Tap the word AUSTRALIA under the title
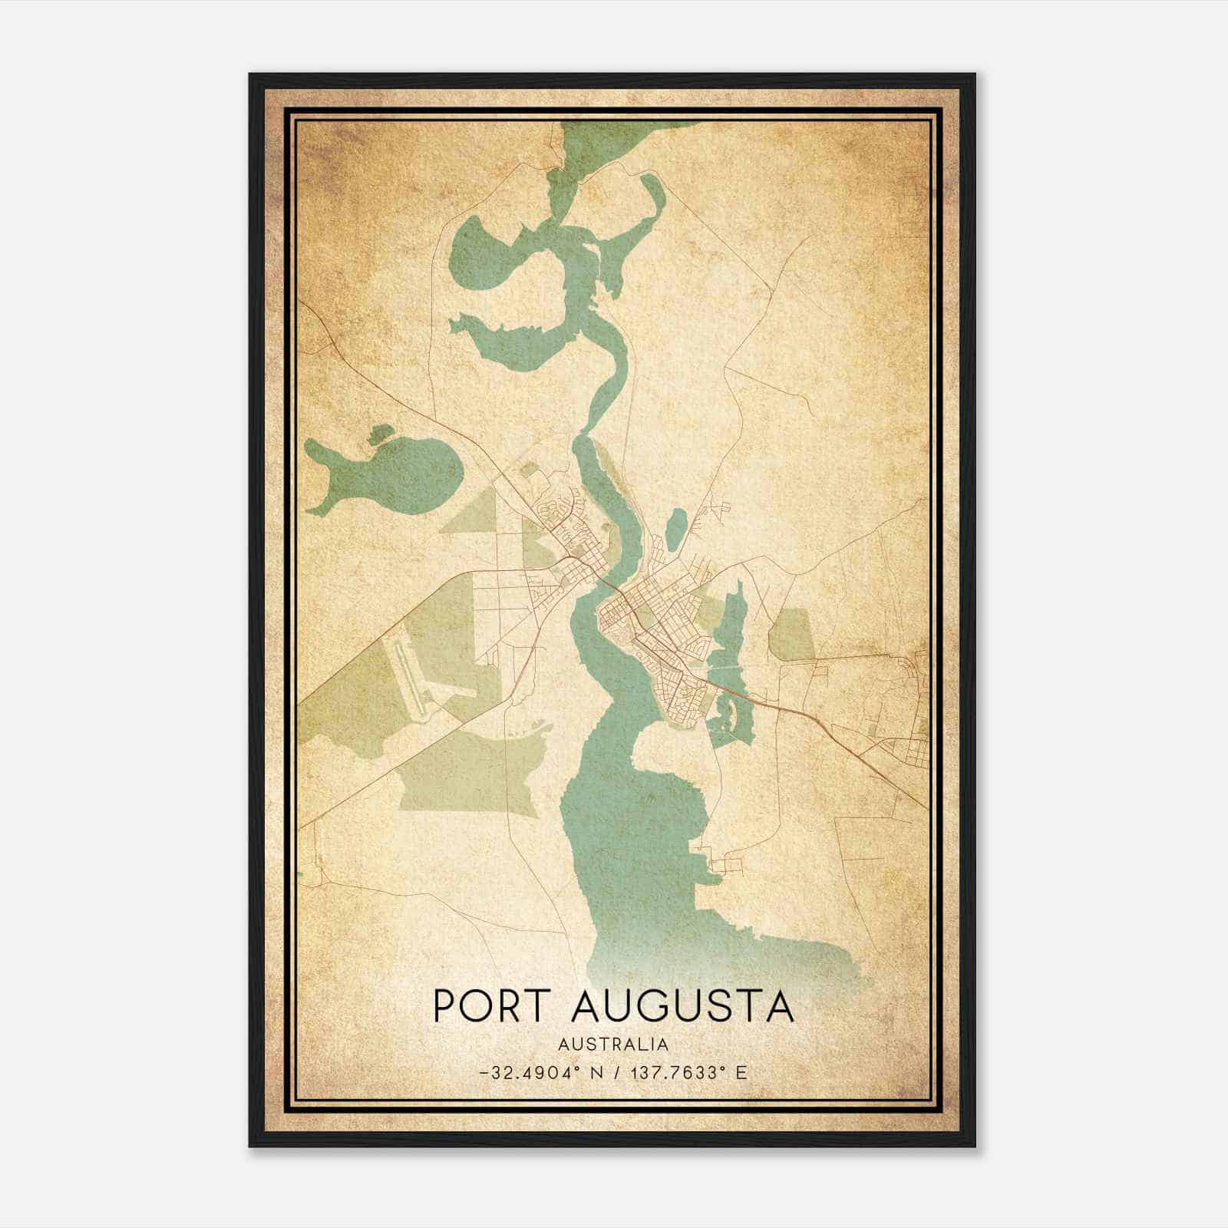[x=613, y=1045]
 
